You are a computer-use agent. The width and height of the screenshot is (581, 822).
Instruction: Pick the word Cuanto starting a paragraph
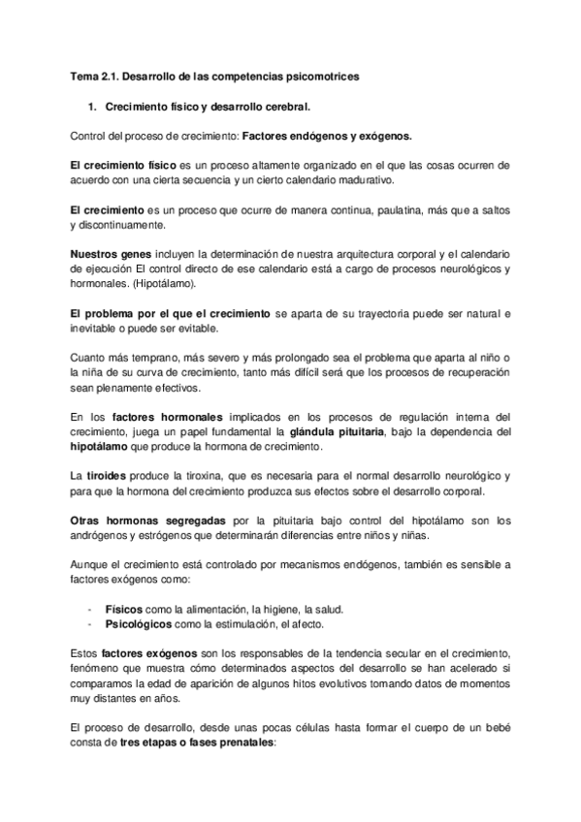tap(92, 359)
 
